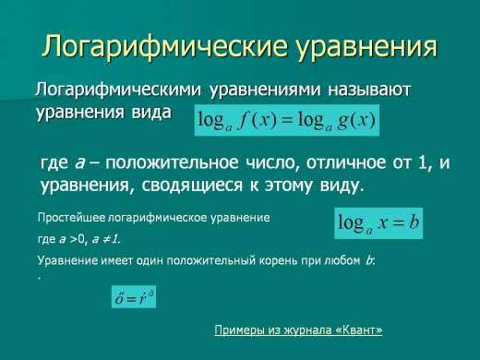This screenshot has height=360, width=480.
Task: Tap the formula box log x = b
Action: click(x=379, y=222)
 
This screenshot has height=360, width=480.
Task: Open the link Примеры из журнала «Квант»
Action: click(x=297, y=330)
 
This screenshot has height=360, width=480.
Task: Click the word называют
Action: click(x=364, y=90)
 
